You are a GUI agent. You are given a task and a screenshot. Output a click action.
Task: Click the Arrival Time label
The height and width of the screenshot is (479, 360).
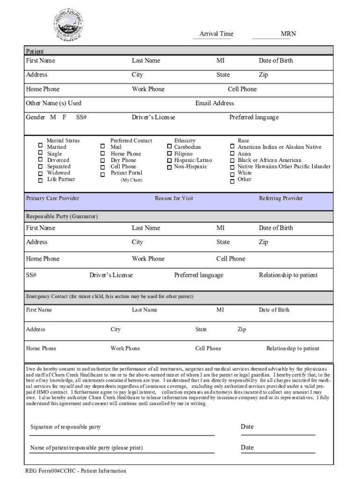[x=216, y=34]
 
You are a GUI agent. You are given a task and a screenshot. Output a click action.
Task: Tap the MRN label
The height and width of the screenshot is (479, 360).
[x=288, y=34]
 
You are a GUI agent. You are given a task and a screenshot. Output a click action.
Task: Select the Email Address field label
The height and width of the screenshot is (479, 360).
[x=215, y=103]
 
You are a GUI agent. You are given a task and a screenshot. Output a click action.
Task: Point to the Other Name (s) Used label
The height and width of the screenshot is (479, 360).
[x=54, y=103]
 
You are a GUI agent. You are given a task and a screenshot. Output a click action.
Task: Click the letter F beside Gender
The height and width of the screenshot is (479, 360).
[x=65, y=117]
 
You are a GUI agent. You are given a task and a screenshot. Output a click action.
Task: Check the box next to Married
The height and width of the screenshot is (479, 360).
[x=41, y=146]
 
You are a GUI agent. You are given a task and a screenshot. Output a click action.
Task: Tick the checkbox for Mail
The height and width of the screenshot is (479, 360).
[x=102, y=146]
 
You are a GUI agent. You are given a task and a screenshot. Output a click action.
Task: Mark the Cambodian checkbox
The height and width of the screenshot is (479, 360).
[x=169, y=147]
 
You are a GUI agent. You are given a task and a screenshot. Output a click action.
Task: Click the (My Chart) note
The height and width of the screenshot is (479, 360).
[x=131, y=180]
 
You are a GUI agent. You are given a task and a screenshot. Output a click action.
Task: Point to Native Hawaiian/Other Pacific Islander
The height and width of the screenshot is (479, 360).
[x=284, y=167]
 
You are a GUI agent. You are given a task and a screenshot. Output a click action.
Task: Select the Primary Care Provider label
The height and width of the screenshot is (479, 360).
[x=53, y=198]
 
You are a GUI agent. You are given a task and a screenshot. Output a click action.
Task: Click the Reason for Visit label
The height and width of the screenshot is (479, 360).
[x=174, y=198]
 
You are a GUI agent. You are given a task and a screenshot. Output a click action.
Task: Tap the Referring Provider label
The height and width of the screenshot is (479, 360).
[x=281, y=198]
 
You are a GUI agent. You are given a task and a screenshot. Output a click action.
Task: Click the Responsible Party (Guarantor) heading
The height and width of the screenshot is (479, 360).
[x=62, y=217]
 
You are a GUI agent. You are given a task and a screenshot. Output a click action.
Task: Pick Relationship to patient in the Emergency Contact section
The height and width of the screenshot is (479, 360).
[x=293, y=348]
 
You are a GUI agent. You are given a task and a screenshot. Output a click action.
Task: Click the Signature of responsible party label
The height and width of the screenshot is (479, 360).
[x=65, y=427]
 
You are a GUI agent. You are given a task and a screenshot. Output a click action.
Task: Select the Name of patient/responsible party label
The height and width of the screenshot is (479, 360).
[x=86, y=448]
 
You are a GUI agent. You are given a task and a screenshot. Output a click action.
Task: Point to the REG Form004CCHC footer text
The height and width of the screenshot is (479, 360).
[x=76, y=471]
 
